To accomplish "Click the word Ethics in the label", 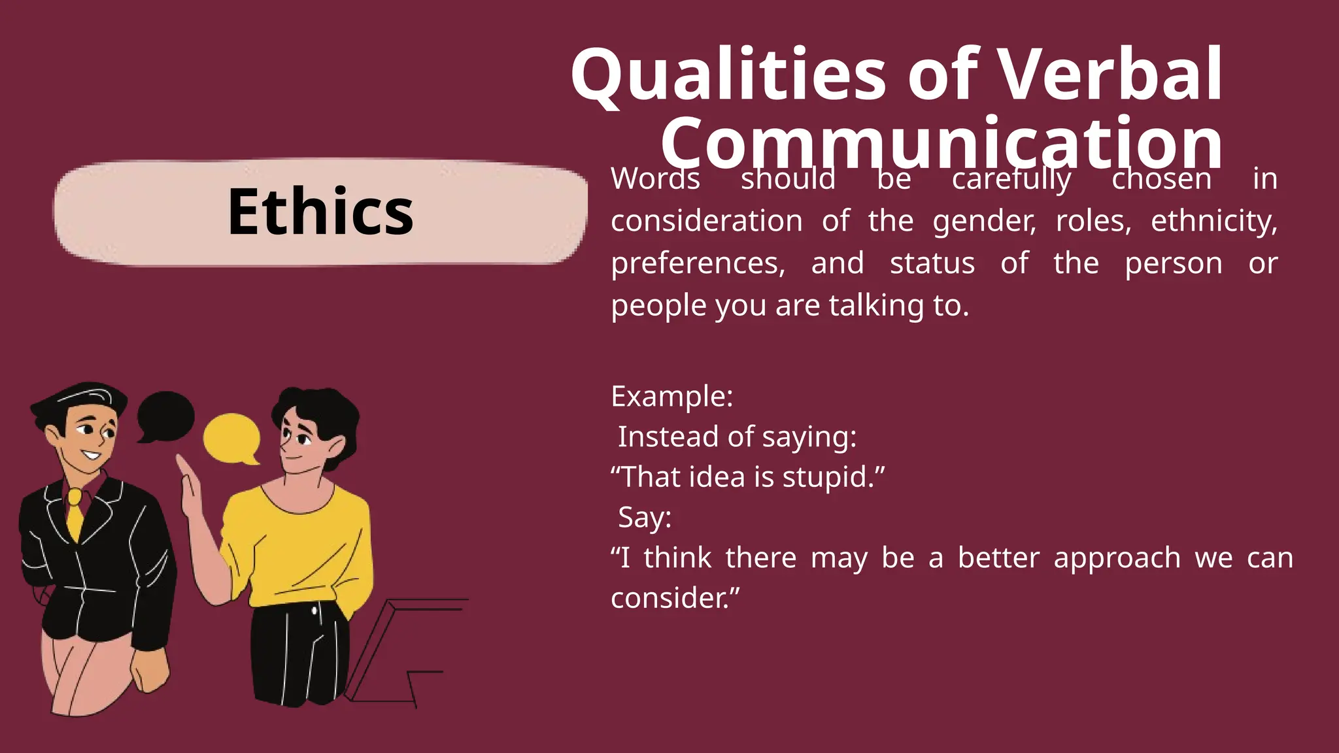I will (x=320, y=212).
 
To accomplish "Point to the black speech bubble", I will (x=165, y=416).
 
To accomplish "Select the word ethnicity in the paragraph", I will (x=1213, y=221).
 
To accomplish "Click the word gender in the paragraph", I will (x=984, y=221).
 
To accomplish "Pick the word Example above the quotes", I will (x=671, y=397).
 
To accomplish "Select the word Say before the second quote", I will (x=643, y=518).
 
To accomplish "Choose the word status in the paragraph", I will (x=932, y=263).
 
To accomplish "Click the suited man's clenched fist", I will (x=150, y=670).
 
